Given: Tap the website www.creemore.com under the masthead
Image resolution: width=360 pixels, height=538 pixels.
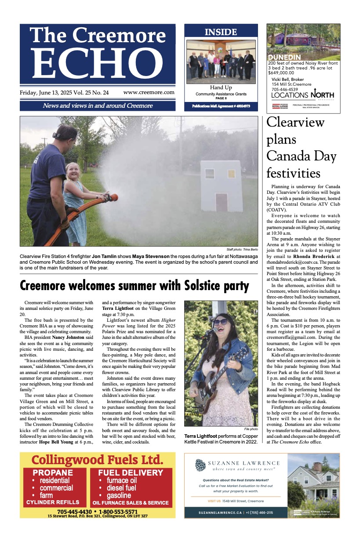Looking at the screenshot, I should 149,92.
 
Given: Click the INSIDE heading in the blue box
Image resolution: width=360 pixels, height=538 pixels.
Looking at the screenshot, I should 221,32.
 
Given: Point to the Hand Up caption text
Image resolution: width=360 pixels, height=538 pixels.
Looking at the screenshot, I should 221,87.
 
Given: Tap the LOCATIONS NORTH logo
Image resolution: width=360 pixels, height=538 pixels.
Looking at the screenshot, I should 302,95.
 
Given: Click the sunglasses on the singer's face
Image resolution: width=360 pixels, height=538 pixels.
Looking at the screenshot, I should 220,322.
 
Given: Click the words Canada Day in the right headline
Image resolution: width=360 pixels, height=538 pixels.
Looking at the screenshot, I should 301,156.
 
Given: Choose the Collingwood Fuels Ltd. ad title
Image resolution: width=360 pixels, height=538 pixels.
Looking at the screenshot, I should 97,461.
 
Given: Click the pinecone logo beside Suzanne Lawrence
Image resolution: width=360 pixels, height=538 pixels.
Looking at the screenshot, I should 200,465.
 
